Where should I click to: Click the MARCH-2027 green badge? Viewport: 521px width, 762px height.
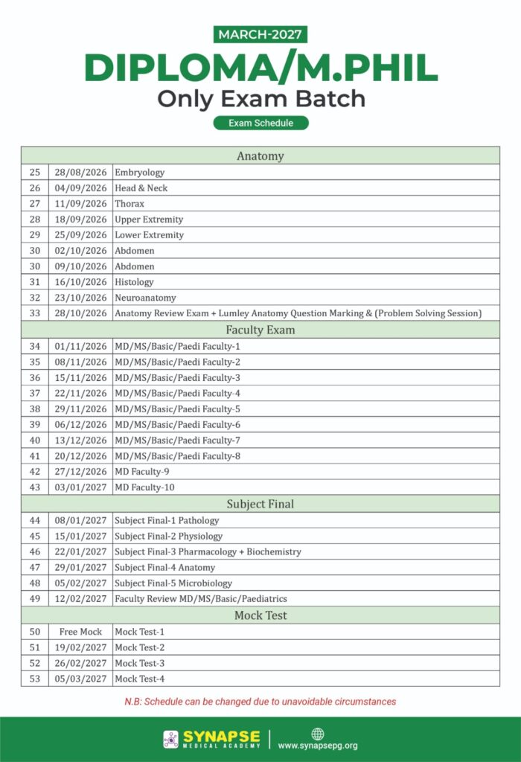pos(260,34)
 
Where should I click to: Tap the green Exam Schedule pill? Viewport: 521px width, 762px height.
pos(260,123)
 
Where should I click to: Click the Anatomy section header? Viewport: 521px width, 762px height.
pos(260,156)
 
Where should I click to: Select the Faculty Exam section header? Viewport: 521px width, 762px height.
pos(260,330)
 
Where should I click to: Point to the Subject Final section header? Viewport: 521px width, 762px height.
pos(260,504)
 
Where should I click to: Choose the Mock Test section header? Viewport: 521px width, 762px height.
pos(260,615)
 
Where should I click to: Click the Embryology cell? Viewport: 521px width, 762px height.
pos(140,173)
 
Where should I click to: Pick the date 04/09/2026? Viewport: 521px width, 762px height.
pos(80,188)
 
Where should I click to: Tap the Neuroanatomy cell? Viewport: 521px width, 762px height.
pos(146,298)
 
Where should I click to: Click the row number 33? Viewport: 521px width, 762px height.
pos(35,313)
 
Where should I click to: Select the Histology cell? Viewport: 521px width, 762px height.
pos(135,282)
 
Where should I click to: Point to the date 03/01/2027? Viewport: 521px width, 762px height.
pos(80,487)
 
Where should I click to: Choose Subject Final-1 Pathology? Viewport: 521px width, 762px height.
pos(167,520)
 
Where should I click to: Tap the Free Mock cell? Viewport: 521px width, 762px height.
pos(80,632)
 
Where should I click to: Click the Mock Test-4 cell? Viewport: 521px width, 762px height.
pos(140,679)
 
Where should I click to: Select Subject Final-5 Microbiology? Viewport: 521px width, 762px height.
pos(173,583)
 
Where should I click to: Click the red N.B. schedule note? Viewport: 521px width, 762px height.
pos(260,702)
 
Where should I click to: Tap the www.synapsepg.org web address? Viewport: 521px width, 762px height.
pos(318,745)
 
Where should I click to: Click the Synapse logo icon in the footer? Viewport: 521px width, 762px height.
pos(170,739)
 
